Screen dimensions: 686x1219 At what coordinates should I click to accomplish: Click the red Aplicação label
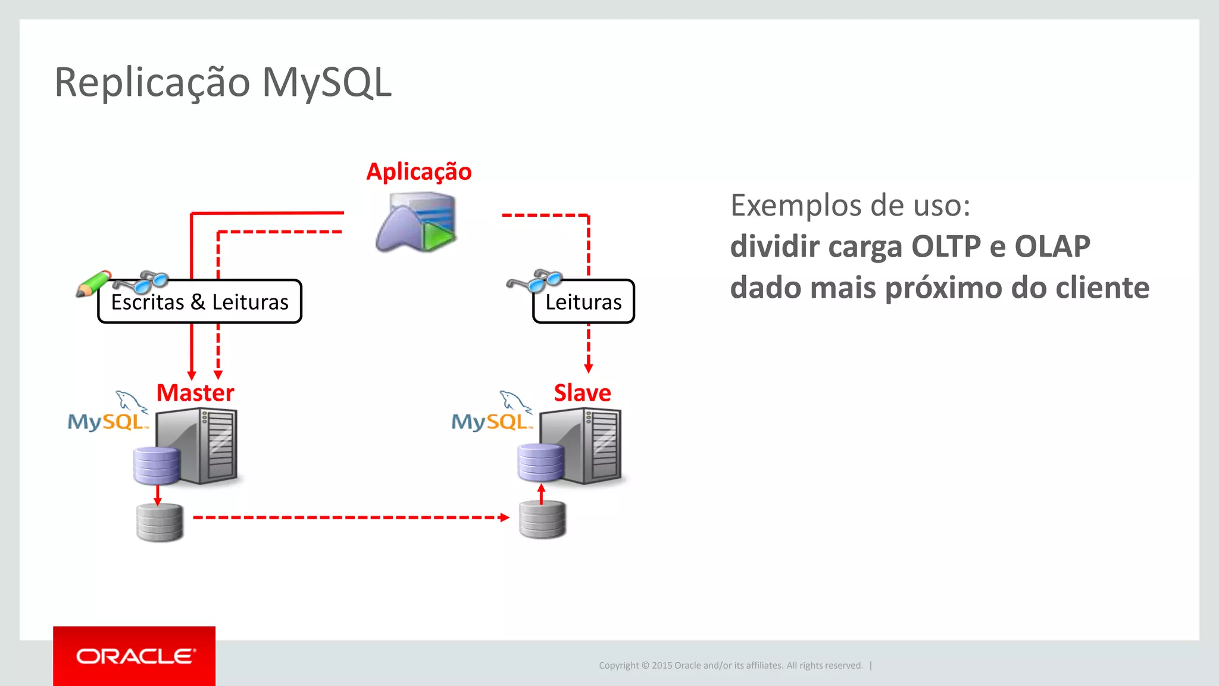[418, 172]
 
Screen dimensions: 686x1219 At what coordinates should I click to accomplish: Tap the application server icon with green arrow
[417, 222]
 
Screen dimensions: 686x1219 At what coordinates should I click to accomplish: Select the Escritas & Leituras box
[200, 302]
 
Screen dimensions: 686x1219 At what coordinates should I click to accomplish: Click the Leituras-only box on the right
[583, 302]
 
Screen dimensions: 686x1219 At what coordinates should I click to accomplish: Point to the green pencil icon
[93, 283]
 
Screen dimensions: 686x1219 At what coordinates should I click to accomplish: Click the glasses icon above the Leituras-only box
[536, 280]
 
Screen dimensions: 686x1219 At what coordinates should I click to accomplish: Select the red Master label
[195, 393]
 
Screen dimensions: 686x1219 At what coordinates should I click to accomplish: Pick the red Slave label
[582, 393]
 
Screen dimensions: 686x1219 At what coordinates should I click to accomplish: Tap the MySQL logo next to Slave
[492, 414]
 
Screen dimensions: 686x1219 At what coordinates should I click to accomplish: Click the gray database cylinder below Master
[160, 522]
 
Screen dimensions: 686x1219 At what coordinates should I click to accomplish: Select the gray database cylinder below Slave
[542, 520]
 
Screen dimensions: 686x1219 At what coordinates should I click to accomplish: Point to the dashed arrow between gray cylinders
[351, 517]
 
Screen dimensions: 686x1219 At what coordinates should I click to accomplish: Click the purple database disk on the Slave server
[540, 462]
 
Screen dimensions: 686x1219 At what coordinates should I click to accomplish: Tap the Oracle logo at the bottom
[135, 656]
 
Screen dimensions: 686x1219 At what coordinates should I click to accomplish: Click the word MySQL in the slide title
[326, 82]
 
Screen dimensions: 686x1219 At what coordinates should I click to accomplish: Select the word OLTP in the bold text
[946, 247]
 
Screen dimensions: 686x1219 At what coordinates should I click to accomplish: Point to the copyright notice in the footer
[731, 665]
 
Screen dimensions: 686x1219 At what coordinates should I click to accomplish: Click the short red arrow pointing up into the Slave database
[541, 494]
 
